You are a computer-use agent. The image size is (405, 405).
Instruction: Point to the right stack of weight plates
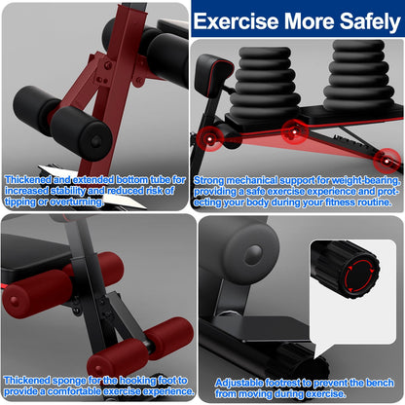click(357, 74)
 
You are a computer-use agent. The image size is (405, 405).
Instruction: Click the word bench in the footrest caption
click(387, 382)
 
